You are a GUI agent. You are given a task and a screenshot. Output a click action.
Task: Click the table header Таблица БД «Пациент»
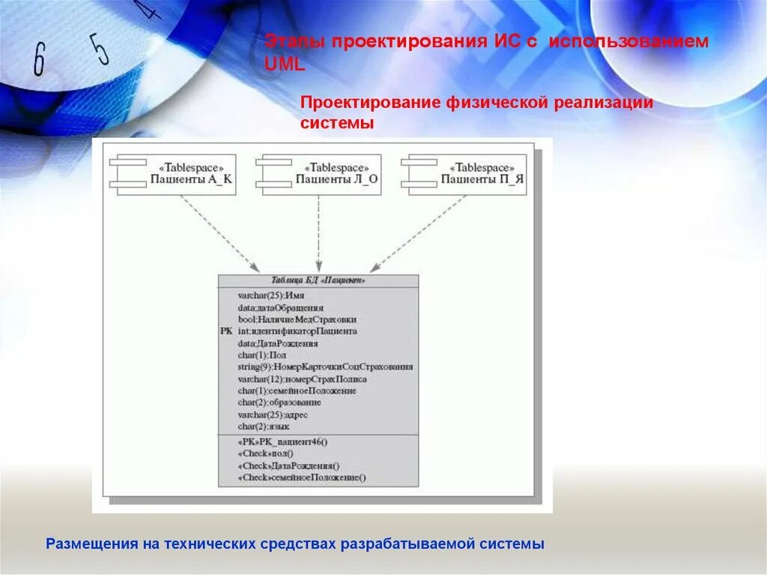[318, 280]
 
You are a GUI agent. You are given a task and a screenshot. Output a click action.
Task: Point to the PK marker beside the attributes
[226, 331]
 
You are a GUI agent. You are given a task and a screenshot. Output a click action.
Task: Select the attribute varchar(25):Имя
[266, 296]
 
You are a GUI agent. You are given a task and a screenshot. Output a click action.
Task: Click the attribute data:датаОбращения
[281, 307]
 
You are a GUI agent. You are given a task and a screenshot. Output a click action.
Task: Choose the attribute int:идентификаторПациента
[297, 331]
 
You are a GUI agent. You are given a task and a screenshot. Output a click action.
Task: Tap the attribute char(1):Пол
[262, 355]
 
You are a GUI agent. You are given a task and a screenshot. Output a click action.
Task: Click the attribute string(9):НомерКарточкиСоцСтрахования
[325, 367]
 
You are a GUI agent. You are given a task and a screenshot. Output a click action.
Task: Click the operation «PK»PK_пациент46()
[283, 442]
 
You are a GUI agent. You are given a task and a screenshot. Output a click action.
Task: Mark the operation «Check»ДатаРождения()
[288, 466]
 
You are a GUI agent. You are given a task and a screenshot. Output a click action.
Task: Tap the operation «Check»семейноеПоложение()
[302, 478]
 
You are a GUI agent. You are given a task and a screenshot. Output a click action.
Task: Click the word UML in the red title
[285, 65]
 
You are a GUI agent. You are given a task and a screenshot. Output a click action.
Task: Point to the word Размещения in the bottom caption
[89, 544]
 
